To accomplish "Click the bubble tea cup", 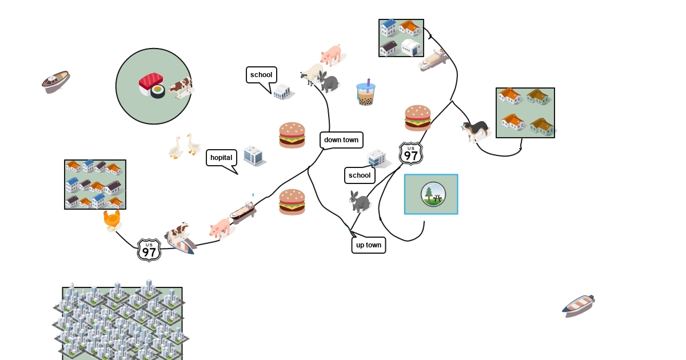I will pyautogui.click(x=366, y=93).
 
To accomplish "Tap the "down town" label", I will pyautogui.click(x=341, y=140).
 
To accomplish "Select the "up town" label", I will pyautogui.click(x=369, y=245).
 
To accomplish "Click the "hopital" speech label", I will pyautogui.click(x=221, y=158).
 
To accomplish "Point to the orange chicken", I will pyautogui.click(x=112, y=220).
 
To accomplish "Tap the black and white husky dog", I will pyautogui.click(x=476, y=131).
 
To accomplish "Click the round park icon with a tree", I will pyautogui.click(x=433, y=194).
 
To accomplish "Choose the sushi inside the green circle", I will pyautogui.click(x=151, y=85).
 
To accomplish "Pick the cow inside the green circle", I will pyautogui.click(x=181, y=87).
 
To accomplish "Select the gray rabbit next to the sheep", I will pyautogui.click(x=329, y=82).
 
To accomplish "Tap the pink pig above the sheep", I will pyautogui.click(x=331, y=54).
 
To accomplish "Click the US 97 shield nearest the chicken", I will pyautogui.click(x=149, y=250).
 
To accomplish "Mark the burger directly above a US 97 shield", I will pyautogui.click(x=418, y=118).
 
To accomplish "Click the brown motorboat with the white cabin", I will pyautogui.click(x=55, y=82).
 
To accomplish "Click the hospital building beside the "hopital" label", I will pyautogui.click(x=253, y=155).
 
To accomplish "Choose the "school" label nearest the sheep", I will pyautogui.click(x=261, y=75).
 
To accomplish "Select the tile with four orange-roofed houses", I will pyautogui.click(x=525, y=113).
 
